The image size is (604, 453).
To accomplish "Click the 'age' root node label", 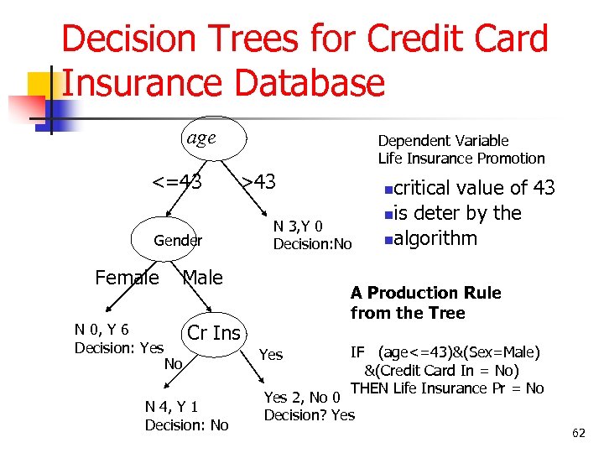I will click(200, 138).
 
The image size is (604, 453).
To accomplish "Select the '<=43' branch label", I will click(176, 181).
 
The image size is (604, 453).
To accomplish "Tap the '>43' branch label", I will click(258, 181).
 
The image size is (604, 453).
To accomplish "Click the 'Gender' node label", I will click(178, 241).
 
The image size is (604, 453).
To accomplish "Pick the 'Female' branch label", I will click(127, 278).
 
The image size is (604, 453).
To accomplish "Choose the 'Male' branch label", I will click(202, 278).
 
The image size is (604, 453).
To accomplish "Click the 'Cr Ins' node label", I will click(214, 333).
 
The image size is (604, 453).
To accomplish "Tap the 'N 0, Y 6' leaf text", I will click(102, 330).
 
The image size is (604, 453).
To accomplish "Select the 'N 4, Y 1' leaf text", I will click(171, 407).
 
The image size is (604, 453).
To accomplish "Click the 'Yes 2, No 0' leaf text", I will click(301, 398).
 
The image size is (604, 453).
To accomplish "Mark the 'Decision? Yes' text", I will click(309, 414).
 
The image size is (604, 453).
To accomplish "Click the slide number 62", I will click(578, 433).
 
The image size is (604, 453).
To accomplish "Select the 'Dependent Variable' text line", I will click(443, 141).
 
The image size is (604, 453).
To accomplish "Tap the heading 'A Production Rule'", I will click(425, 293).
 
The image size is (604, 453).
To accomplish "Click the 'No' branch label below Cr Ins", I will click(174, 363).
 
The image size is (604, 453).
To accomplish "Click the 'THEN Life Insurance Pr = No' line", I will click(447, 388).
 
